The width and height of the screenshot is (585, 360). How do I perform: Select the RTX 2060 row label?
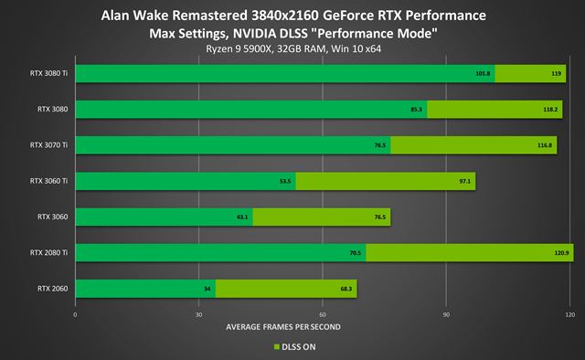point(52,289)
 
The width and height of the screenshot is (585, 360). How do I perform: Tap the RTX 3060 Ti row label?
point(48,182)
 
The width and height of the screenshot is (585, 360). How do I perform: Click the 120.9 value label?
point(562,253)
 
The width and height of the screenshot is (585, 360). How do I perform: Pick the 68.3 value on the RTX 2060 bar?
point(346,289)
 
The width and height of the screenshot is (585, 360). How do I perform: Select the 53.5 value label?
point(286,182)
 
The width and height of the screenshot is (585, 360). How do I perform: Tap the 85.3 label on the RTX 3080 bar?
point(417,110)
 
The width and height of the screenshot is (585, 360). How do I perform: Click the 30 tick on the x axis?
point(198,314)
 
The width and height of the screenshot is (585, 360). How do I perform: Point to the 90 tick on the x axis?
point(446,314)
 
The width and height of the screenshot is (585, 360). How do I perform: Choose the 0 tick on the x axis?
point(75,314)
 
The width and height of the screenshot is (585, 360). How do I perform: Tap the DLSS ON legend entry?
point(296,347)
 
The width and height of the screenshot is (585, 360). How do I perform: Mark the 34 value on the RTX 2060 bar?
point(207,289)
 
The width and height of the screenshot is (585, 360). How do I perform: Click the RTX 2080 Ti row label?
point(48,253)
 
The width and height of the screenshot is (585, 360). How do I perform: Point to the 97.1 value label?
point(465,182)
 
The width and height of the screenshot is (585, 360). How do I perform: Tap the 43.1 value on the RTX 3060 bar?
point(242,217)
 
